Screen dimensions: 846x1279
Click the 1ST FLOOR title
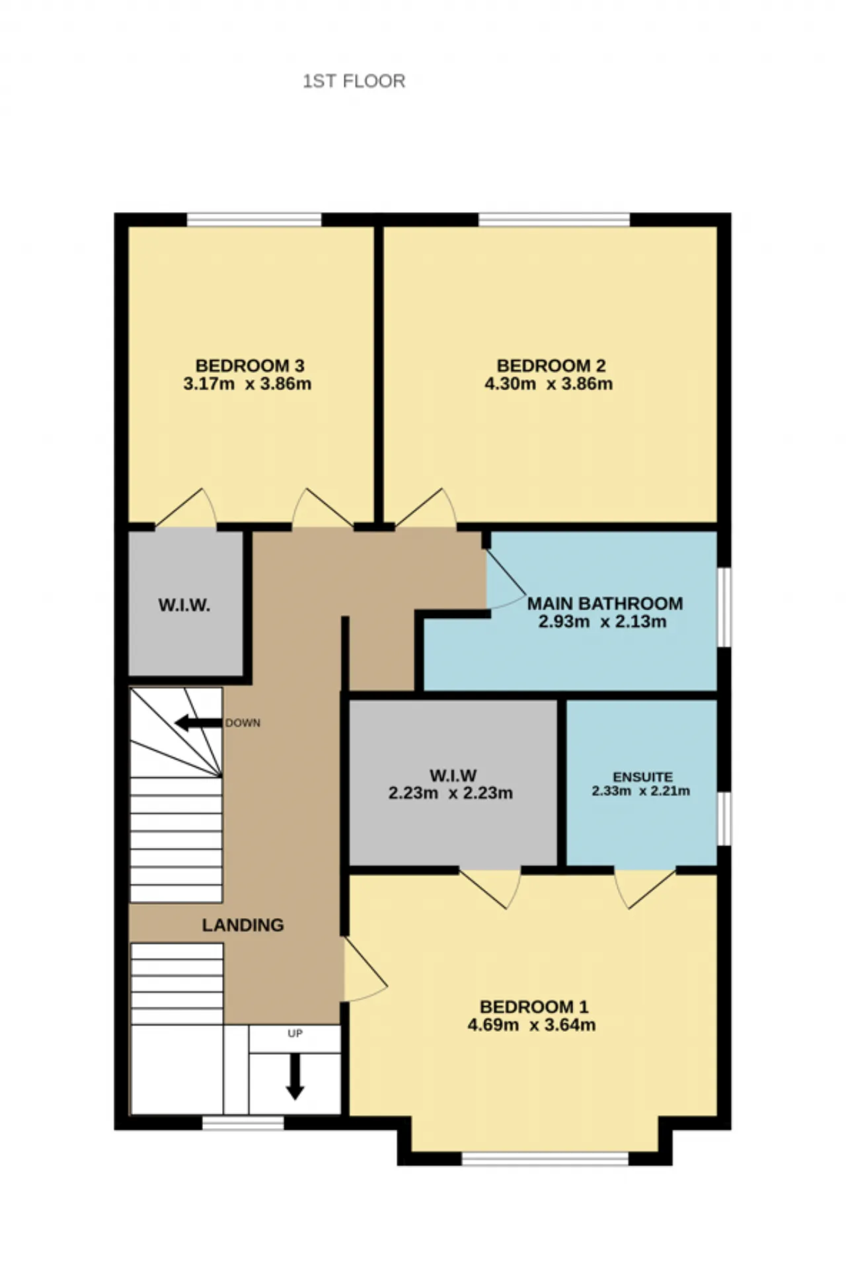pos(354,81)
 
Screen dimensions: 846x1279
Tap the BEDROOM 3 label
pos(250,366)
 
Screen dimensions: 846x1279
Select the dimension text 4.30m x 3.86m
pos(549,384)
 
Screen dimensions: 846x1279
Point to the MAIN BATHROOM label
pos(605,603)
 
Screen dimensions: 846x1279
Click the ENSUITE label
pos(642,777)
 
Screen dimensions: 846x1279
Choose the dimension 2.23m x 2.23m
pos(451,793)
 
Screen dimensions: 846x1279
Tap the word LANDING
pos(243,925)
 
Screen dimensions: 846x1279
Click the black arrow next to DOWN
pos(198,723)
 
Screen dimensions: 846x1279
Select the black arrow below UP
pos(295,1076)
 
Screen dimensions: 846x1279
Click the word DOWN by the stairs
pos(243,723)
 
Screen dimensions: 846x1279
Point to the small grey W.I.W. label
pos(184,605)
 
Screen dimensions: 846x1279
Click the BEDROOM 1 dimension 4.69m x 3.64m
pos(531,1025)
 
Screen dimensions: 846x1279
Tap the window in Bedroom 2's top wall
pos(554,219)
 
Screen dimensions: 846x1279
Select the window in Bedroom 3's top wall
pos(254,219)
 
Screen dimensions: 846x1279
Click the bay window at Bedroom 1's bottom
pos(545,1158)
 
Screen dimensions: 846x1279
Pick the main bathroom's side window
pos(724,607)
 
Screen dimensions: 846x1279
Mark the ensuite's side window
pos(724,819)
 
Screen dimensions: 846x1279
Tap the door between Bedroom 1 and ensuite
pos(644,888)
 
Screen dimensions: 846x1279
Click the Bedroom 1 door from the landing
pos(365,970)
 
